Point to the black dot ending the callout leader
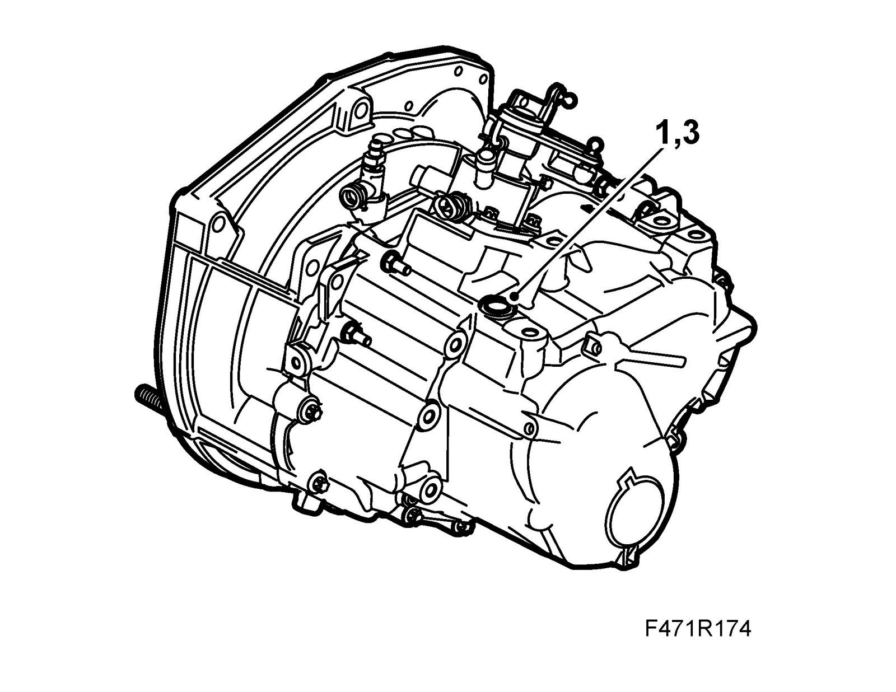[x=514, y=296]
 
